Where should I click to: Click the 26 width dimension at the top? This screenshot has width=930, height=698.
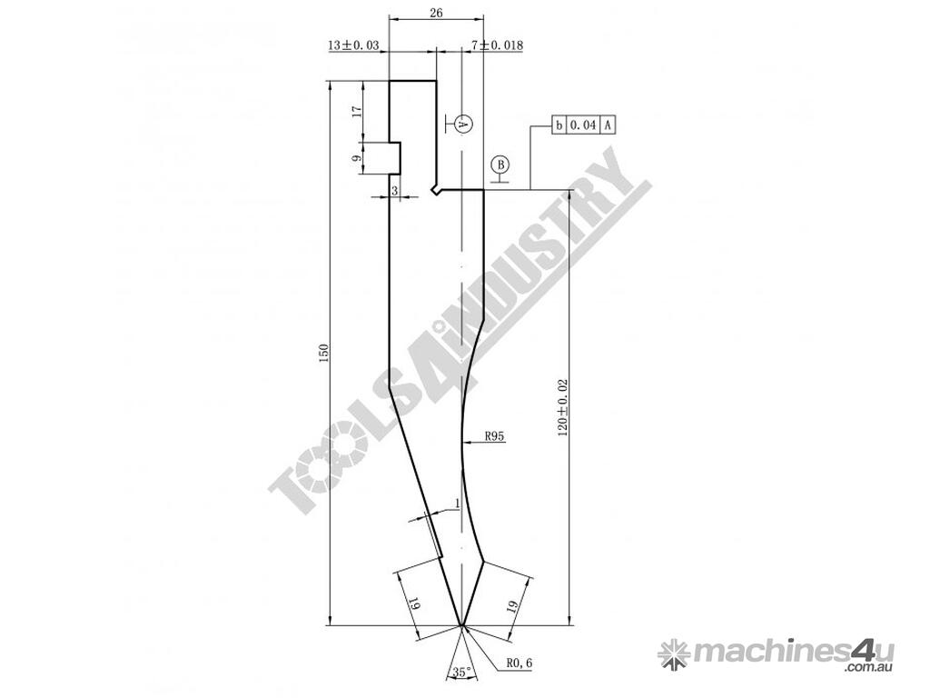[x=436, y=13]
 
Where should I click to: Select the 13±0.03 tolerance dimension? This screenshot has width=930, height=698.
[x=353, y=45]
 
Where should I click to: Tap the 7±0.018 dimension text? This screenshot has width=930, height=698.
[x=497, y=45]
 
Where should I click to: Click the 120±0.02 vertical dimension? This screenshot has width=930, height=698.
[x=563, y=408]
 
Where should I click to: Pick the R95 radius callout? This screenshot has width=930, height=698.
[x=494, y=436]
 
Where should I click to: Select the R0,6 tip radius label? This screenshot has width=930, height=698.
[x=520, y=663]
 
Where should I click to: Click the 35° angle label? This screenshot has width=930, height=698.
[x=462, y=672]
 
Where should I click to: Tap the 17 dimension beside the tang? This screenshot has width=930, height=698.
[x=356, y=112]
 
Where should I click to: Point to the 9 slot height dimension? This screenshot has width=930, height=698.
[x=356, y=158]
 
